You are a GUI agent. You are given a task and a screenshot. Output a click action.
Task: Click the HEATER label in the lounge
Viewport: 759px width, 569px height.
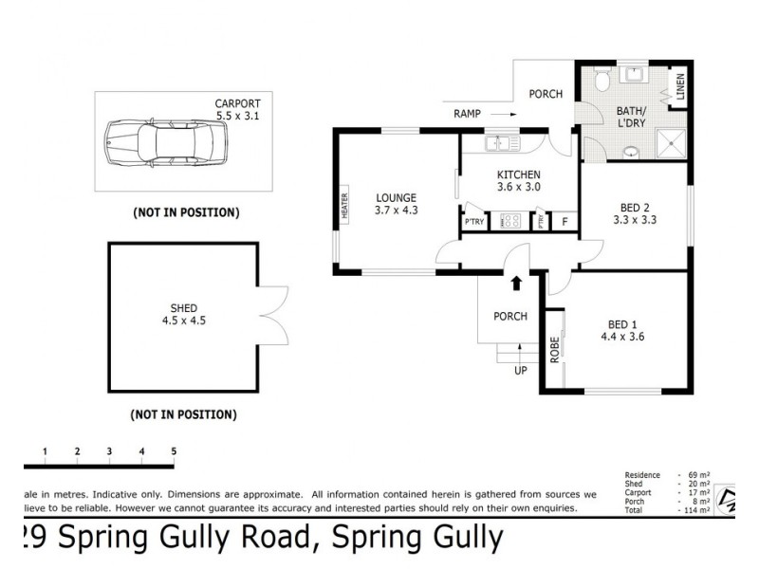click(345, 206)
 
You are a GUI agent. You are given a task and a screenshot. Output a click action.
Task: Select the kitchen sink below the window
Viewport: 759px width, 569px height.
click(498, 144)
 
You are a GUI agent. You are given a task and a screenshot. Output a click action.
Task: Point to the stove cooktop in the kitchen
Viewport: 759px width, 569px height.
click(510, 221)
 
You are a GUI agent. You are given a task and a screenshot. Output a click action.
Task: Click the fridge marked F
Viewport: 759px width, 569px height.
click(565, 222)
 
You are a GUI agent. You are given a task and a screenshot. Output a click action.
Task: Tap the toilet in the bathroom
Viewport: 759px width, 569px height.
click(601, 82)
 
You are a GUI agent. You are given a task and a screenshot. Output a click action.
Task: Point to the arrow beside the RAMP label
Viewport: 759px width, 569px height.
click(504, 113)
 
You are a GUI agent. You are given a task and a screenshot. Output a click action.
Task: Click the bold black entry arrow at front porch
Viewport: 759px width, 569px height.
click(516, 283)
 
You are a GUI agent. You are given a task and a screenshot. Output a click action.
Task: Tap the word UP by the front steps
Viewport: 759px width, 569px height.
click(519, 371)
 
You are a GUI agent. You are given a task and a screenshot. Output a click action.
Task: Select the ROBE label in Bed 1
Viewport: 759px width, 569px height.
click(553, 349)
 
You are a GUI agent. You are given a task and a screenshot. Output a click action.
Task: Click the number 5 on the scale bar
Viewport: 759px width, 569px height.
click(174, 450)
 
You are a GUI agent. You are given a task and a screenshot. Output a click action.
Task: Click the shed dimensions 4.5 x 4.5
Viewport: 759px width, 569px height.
click(183, 321)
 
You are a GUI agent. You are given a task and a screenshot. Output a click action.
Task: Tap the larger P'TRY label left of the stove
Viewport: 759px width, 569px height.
click(473, 222)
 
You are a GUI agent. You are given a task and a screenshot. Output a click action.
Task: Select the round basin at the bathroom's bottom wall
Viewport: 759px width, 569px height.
click(631, 151)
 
